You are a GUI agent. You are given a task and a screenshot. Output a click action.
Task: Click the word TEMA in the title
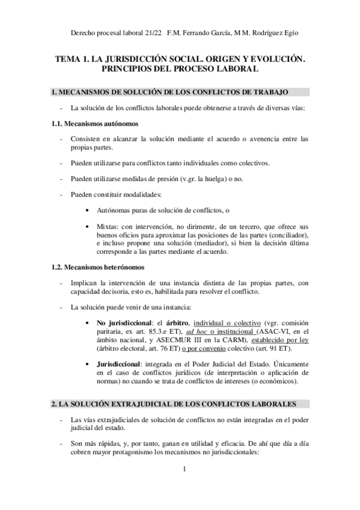coord(68,60)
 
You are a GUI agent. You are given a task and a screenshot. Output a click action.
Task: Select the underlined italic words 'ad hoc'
coord(197,330)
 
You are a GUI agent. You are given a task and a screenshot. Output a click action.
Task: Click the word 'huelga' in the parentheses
coord(204,179)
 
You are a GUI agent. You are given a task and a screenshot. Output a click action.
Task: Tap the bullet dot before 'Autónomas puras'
coord(88,210)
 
